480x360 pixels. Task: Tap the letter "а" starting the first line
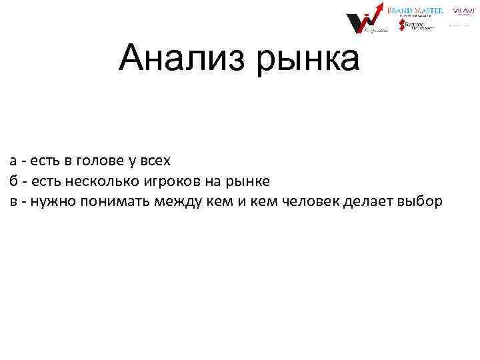click(13, 161)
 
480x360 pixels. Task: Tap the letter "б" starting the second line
click(13, 181)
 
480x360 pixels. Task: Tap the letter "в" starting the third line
click(13, 201)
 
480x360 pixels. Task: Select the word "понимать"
click(115, 201)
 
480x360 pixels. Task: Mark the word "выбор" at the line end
click(419, 201)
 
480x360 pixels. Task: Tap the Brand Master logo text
click(420, 11)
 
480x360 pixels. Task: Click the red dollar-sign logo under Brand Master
click(403, 25)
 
